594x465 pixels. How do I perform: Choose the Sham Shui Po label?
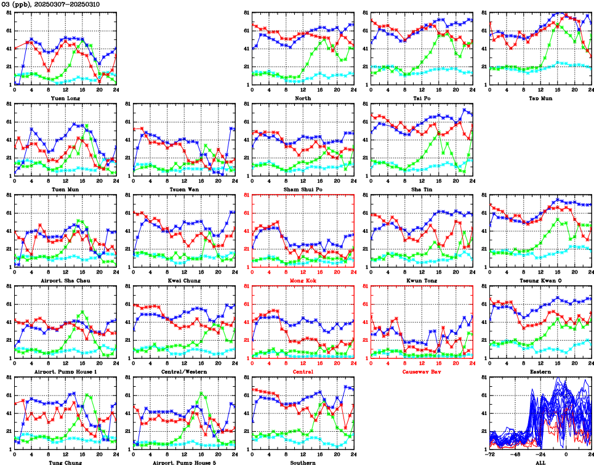click(302, 189)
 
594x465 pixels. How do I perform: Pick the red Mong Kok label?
click(302, 280)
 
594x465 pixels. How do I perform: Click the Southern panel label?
click(302, 463)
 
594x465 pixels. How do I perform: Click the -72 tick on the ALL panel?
click(490, 455)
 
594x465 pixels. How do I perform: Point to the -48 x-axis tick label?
click(515, 455)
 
